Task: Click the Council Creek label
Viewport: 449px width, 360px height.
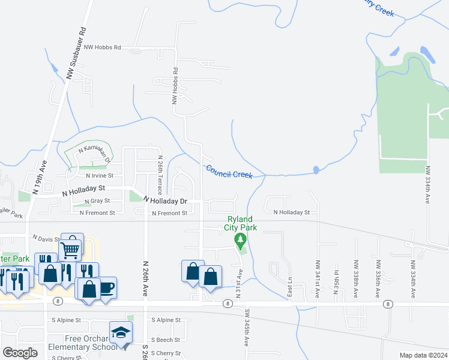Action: point(229,172)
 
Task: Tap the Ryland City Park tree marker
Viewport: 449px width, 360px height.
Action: point(241,242)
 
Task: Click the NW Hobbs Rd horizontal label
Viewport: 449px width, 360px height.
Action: point(103,47)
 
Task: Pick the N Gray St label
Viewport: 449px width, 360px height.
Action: point(97,201)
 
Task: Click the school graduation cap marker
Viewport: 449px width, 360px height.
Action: point(121,332)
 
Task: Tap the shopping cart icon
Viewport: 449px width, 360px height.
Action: point(71,247)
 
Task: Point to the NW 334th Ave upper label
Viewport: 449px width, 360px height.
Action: point(428,185)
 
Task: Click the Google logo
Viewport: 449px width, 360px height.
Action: point(20,353)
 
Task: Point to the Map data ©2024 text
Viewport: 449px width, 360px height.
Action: point(423,355)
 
